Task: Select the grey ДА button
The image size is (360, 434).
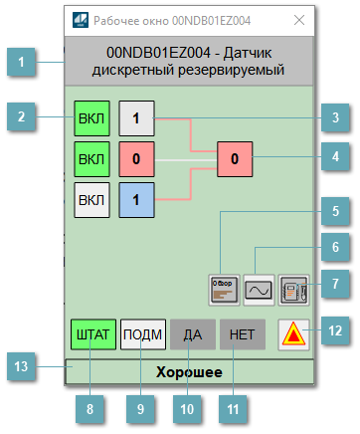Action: click(193, 334)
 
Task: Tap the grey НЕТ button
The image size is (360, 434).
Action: click(242, 334)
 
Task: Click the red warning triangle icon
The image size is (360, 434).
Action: click(293, 333)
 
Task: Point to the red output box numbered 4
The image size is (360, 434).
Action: click(234, 158)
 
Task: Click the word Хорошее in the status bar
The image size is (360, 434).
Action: click(187, 372)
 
